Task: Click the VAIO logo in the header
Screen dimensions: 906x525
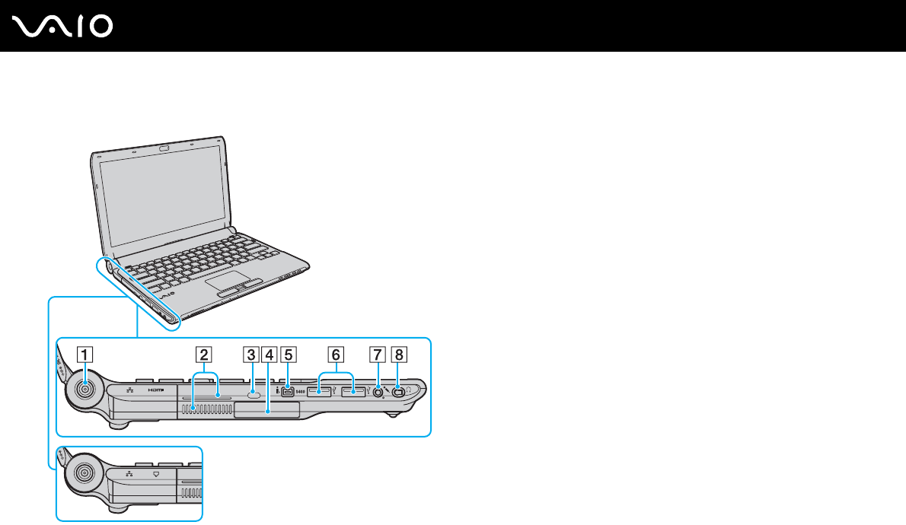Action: point(63,27)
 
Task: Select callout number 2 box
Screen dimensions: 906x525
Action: point(202,354)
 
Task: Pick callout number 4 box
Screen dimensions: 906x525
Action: point(269,354)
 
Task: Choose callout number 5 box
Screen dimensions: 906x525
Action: point(287,354)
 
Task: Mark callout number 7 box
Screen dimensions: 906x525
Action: point(378,354)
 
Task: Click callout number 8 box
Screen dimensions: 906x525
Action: point(398,354)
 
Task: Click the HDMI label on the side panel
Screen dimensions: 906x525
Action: point(156,390)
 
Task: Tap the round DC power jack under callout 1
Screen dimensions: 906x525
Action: point(85,390)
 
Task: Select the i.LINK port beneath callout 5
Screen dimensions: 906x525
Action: point(288,393)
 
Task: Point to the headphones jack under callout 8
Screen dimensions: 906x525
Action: point(397,393)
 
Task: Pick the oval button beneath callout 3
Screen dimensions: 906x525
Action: point(254,395)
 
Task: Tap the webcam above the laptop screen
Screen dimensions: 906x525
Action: point(163,147)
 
